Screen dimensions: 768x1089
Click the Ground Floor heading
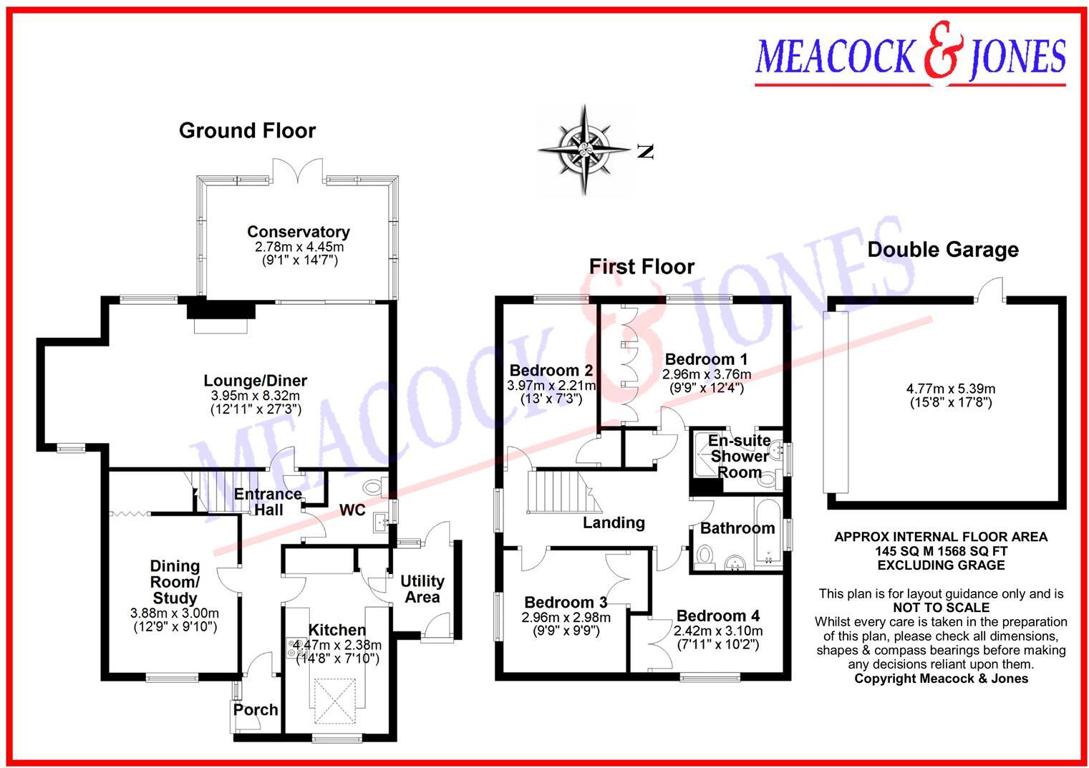247,131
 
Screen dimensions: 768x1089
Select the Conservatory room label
298,232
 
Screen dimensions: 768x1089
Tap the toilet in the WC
373,488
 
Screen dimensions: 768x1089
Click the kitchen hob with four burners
294,647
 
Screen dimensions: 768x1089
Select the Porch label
256,710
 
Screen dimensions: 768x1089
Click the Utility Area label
422,589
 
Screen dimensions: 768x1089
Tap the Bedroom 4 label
717,616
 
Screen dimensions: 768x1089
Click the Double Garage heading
942,250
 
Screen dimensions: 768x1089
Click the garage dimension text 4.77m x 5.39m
950,389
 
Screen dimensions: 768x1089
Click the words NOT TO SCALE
941,607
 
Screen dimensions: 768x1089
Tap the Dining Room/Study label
175,582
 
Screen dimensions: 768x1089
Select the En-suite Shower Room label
739,456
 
